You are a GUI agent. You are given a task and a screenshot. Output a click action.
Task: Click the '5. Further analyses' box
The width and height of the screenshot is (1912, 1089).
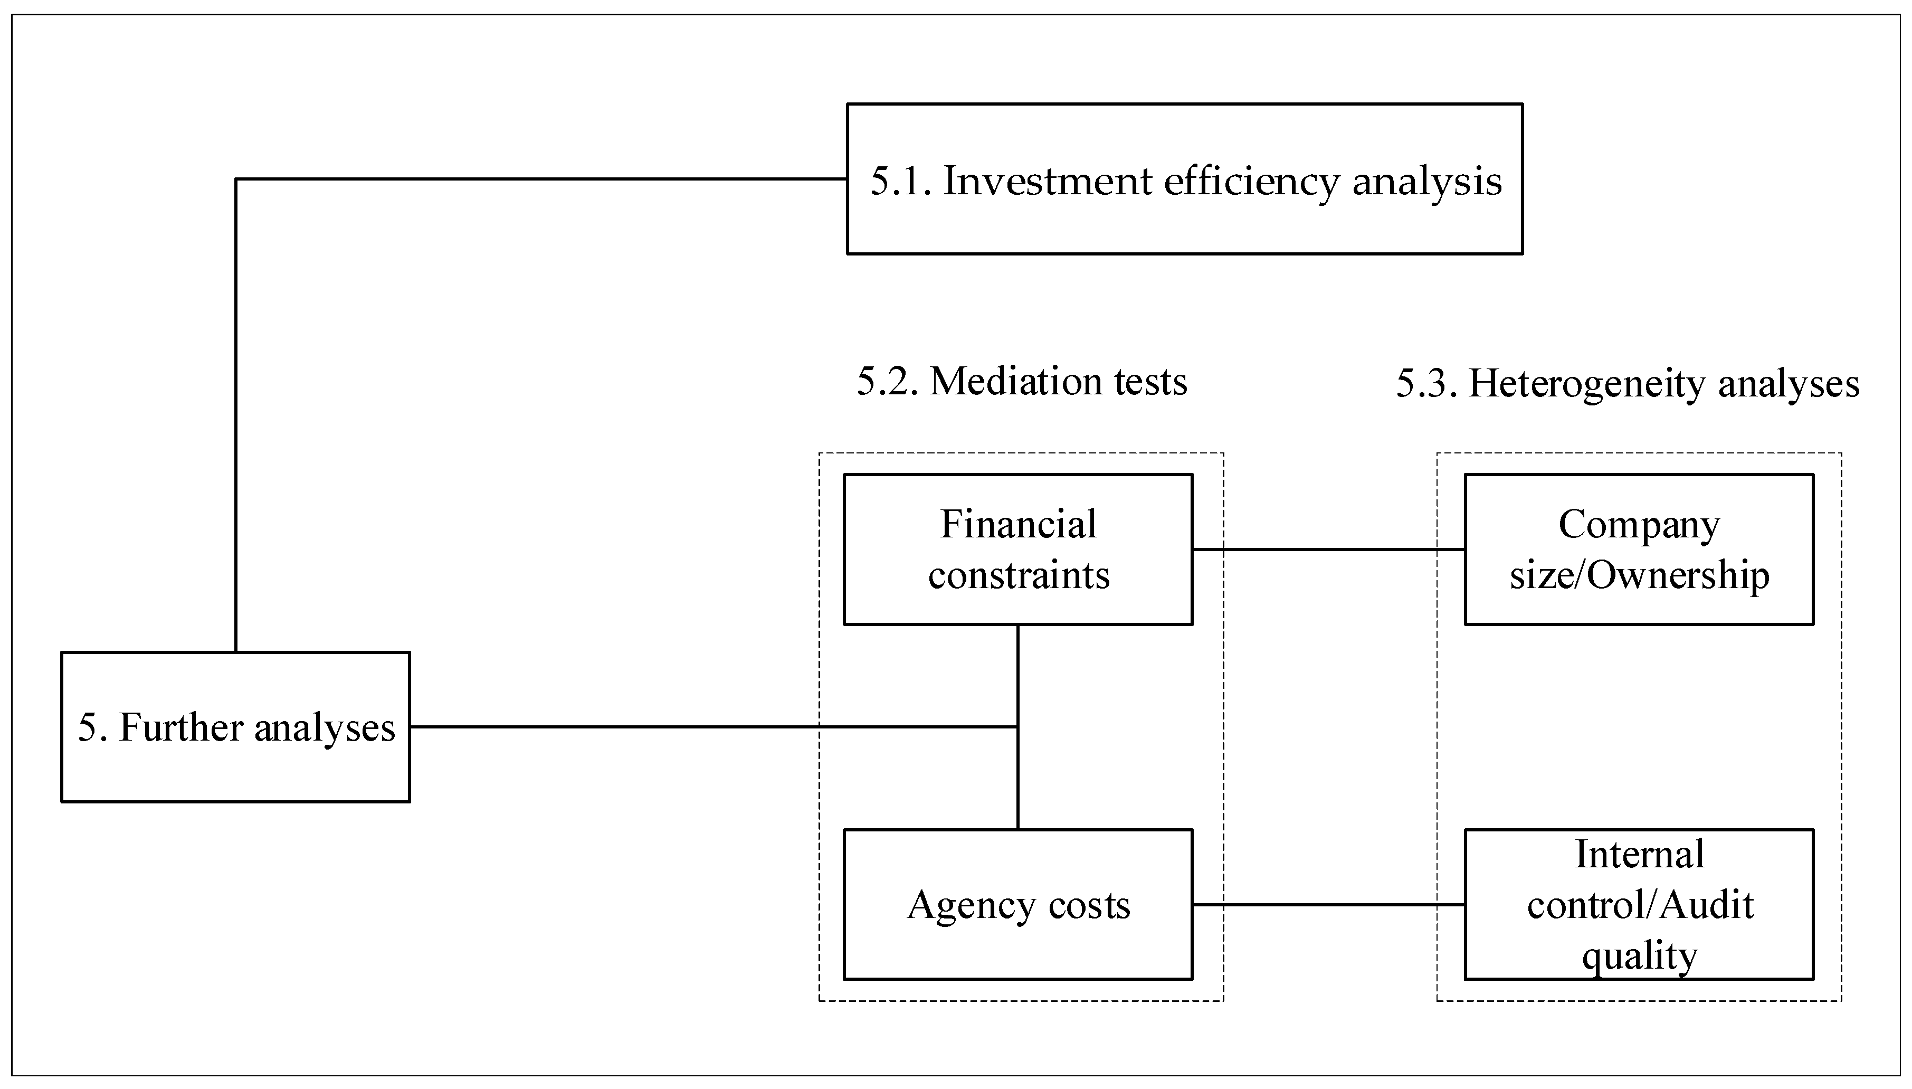click(235, 727)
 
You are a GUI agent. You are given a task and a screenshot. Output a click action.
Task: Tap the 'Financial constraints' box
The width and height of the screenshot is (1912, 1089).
click(1017, 549)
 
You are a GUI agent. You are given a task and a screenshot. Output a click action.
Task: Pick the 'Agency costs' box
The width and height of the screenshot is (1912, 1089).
click(1017, 904)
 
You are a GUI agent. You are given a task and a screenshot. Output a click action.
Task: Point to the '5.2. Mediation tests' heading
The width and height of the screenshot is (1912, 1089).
click(1021, 382)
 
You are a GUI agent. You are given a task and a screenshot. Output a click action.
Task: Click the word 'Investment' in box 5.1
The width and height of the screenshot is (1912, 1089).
click(1047, 181)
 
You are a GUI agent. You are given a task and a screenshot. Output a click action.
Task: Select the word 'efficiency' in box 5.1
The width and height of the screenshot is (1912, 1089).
click(1251, 181)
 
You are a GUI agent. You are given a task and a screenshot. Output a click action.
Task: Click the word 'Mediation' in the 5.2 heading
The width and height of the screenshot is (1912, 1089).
click(1016, 382)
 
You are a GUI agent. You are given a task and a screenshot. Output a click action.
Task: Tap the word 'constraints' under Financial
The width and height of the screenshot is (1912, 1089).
click(1019, 575)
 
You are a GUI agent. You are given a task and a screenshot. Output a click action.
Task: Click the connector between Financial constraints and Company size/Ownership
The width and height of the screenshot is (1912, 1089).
click(1328, 550)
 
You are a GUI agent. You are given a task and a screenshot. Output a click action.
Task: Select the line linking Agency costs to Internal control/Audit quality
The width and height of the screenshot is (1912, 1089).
click(1328, 905)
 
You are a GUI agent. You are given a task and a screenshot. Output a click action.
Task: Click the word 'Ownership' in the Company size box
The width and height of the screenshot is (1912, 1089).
click(1678, 575)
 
